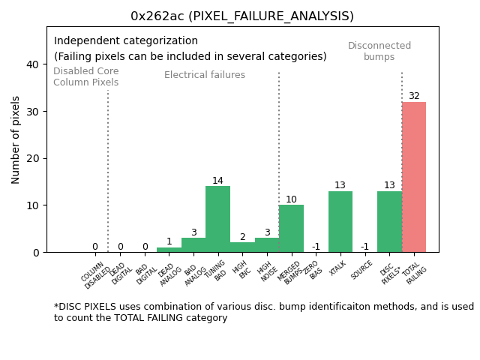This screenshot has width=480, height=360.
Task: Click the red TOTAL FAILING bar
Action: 414,177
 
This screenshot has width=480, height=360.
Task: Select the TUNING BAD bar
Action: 217,219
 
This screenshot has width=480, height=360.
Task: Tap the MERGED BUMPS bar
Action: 291,228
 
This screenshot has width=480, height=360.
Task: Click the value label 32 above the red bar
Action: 414,96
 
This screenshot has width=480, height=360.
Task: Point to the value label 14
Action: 217,181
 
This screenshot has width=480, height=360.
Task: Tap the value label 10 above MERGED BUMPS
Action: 291,199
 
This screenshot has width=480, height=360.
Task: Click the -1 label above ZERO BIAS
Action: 316,247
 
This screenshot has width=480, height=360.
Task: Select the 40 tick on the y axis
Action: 33,64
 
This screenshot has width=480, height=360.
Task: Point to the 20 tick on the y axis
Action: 33,158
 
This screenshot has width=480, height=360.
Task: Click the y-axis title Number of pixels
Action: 16,139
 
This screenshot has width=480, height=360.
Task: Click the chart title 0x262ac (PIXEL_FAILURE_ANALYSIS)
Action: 242,16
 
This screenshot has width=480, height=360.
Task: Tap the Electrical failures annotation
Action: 205,75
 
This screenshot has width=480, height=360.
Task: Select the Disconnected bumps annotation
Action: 379,51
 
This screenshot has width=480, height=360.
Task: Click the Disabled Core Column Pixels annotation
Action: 85,76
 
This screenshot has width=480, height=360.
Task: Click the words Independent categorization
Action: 126,41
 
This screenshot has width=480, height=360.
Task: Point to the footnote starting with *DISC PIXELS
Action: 263,312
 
